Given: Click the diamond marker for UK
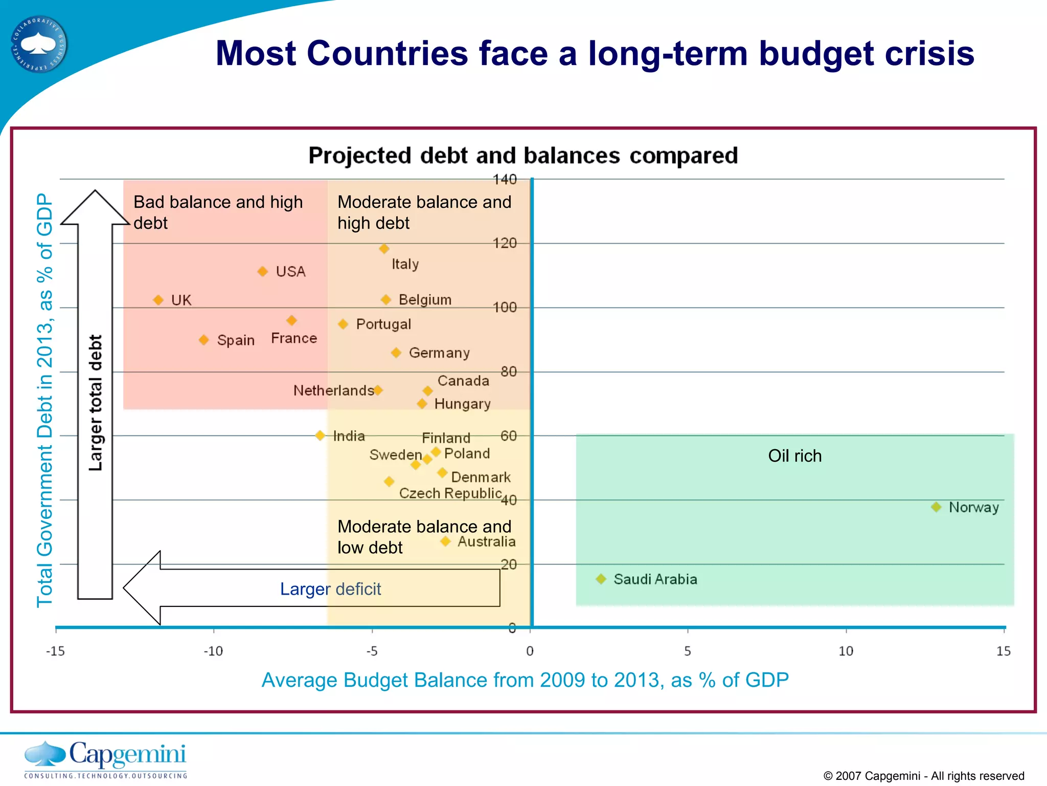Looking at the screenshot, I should [x=158, y=300].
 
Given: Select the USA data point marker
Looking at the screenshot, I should [x=262, y=272].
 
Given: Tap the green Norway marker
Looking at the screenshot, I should [x=936, y=507].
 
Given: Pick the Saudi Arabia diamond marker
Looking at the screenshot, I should [x=601, y=579].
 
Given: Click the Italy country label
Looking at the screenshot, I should [x=405, y=264].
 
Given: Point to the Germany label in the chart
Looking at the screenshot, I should [x=439, y=353].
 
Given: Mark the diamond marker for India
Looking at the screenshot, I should [x=320, y=435].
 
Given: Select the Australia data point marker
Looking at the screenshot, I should [x=445, y=541].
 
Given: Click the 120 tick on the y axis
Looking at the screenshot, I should [x=505, y=243].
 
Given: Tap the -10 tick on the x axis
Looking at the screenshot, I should [x=213, y=651].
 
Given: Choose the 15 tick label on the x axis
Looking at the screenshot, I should [x=1003, y=651].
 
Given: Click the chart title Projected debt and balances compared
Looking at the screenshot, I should [x=523, y=156].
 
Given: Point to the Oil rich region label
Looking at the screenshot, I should [x=794, y=456].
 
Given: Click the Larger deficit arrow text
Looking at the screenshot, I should [x=330, y=589].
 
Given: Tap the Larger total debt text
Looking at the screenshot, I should [x=96, y=403].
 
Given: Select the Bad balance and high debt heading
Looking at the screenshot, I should [x=218, y=212].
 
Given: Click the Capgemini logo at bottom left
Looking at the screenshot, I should [x=105, y=759].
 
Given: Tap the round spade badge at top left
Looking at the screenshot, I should [x=39, y=45].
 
